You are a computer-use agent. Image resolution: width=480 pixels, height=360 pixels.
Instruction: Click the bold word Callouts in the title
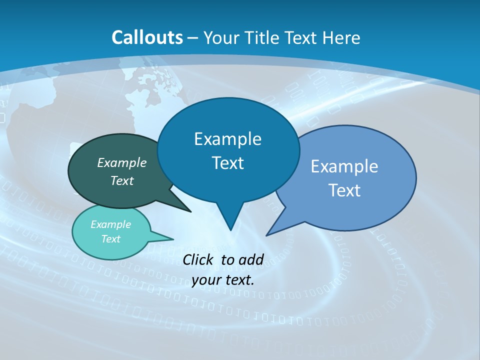click(x=147, y=37)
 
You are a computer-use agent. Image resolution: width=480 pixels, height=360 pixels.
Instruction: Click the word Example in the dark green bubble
click(x=122, y=162)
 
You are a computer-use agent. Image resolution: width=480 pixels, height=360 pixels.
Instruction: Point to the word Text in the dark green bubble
click(x=122, y=180)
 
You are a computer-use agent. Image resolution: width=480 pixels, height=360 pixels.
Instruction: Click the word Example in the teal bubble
click(x=111, y=224)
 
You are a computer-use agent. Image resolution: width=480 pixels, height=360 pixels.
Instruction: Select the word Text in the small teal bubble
click(x=111, y=239)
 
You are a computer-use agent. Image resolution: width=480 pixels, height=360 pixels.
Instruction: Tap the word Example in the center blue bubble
click(x=227, y=138)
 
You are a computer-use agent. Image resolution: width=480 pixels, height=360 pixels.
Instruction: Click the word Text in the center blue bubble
click(x=227, y=163)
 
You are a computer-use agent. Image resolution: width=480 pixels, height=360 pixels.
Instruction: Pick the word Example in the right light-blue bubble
click(x=344, y=166)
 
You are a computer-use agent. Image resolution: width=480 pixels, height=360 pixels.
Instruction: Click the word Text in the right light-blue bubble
click(x=344, y=190)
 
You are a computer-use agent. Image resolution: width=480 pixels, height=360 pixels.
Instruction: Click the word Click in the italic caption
click(x=198, y=259)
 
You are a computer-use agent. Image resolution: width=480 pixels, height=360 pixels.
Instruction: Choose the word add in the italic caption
click(x=251, y=259)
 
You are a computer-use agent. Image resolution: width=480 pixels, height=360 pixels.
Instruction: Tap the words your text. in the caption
click(x=223, y=279)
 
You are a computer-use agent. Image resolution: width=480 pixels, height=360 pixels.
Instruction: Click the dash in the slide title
click(x=193, y=38)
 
